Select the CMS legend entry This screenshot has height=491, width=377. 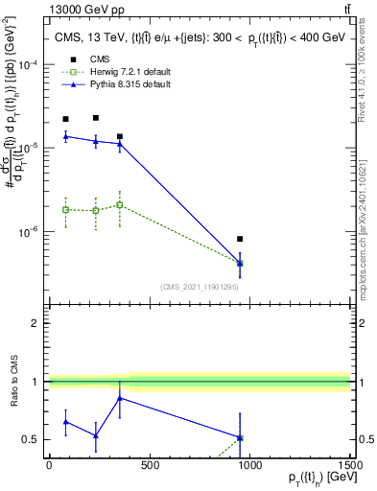(96, 59)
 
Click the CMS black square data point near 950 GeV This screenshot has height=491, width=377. (240, 239)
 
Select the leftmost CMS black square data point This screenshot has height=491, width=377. (65, 119)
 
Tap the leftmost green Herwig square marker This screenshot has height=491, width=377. (65, 209)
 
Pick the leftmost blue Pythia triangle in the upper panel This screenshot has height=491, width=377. (65, 136)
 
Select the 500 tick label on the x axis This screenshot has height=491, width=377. (149, 465)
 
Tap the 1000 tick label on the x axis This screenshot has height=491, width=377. (249, 465)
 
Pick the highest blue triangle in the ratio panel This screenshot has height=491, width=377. (119, 398)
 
